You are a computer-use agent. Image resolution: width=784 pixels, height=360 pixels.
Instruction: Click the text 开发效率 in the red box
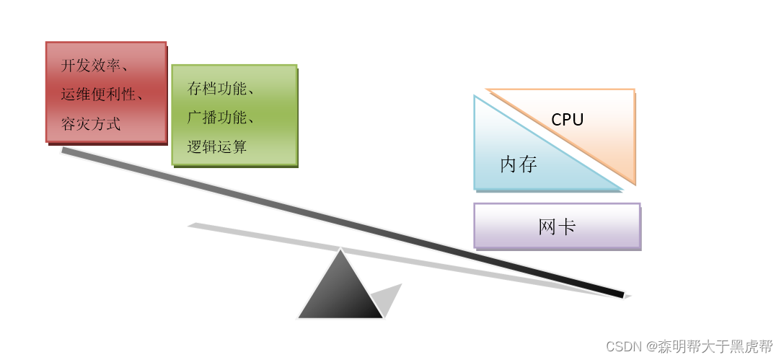tap(90, 66)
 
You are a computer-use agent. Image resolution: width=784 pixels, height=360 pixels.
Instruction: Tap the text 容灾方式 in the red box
tap(90, 124)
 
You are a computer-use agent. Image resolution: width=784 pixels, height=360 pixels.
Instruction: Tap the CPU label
tap(567, 120)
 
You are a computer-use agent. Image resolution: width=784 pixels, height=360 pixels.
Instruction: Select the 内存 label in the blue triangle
tap(519, 164)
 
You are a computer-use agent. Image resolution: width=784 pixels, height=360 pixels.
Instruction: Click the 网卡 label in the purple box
tap(557, 227)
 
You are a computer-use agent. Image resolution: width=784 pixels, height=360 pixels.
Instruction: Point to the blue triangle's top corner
tap(476, 98)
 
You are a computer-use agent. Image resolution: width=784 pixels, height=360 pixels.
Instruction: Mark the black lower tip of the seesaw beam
tap(620, 294)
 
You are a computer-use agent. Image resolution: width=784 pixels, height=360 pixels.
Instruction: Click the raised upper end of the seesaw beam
tap(65, 150)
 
